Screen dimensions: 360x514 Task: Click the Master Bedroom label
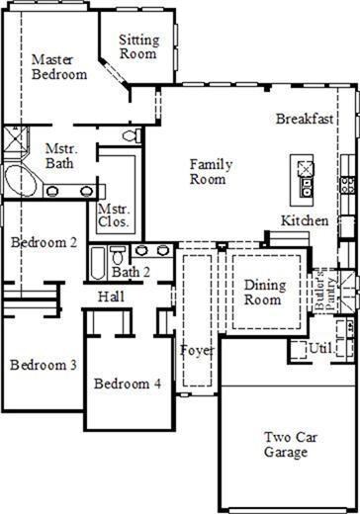[x=59, y=67]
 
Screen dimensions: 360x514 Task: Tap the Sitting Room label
[x=138, y=46]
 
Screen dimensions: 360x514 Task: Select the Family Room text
[x=211, y=172]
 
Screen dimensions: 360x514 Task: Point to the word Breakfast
[x=305, y=119]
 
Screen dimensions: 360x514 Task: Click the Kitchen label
[x=305, y=220]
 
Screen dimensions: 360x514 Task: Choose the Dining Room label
[x=265, y=293]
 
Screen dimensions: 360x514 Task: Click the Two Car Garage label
[x=291, y=445]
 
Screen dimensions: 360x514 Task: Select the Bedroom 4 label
[x=128, y=384]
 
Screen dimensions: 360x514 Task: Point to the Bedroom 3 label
[x=44, y=365]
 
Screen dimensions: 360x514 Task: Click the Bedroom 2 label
[x=44, y=242]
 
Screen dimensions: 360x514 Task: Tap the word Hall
[x=112, y=297]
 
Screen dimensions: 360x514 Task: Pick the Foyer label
[x=197, y=351]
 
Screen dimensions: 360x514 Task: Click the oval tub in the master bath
[x=21, y=181]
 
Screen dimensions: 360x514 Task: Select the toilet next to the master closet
[x=132, y=135]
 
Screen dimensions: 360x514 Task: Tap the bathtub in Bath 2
[x=98, y=263]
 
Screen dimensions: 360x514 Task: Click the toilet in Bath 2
[x=118, y=255]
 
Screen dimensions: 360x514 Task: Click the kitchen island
[x=302, y=180]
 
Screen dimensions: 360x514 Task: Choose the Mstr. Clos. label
[x=114, y=215]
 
